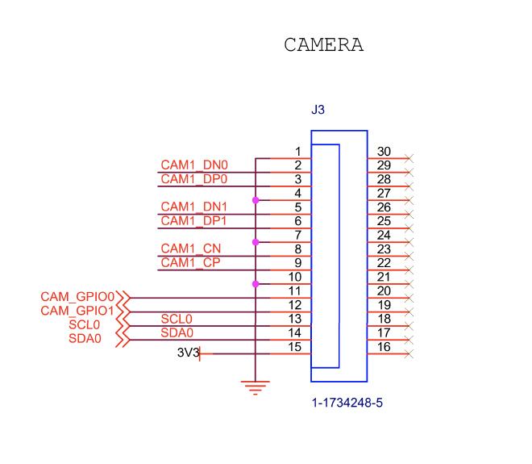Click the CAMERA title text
(x=323, y=45)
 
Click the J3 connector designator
(x=318, y=109)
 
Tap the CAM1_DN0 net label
(x=193, y=165)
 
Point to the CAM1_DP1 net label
(x=193, y=220)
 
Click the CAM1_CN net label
(x=190, y=249)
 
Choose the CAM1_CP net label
(x=190, y=262)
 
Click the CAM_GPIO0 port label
(x=77, y=296)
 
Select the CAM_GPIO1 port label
(x=77, y=310)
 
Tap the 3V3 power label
(x=187, y=353)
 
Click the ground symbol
(x=256, y=388)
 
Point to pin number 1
(x=297, y=152)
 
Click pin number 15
(x=295, y=347)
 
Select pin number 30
(x=384, y=152)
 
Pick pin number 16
(x=384, y=347)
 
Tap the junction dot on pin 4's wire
(x=256, y=199)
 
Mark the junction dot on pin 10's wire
(x=256, y=283)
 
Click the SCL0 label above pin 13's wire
(x=177, y=319)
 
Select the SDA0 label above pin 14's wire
(x=177, y=332)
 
